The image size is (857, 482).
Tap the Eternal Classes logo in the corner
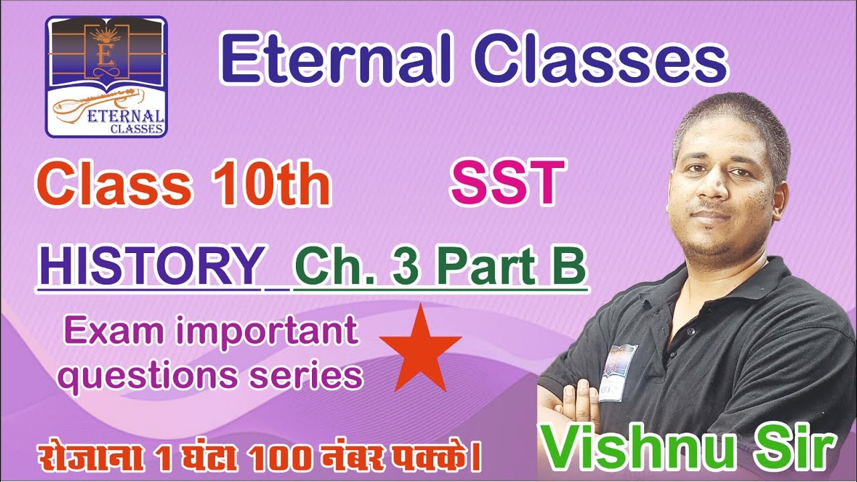(106, 76)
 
